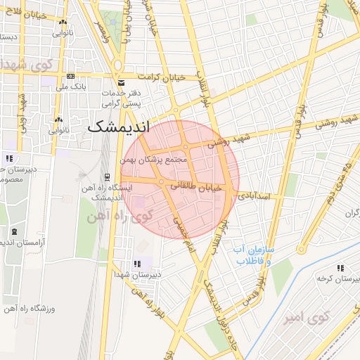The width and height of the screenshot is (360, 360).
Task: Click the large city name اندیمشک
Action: tap(117, 129)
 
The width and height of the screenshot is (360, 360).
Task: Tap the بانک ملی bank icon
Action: tap(70, 76)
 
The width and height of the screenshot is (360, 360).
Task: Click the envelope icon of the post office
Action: tap(122, 82)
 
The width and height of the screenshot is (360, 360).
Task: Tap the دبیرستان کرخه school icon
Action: tap(340, 268)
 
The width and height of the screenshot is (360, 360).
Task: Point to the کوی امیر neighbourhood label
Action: tap(307, 319)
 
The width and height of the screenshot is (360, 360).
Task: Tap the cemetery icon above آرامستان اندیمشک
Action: tap(14, 231)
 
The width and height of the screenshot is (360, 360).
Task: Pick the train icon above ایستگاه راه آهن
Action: tap(106, 176)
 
